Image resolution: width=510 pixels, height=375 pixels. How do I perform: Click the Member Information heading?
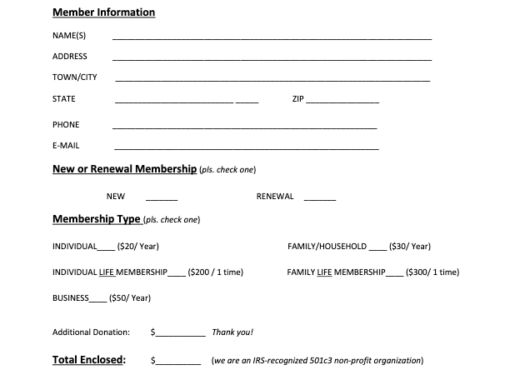click(x=103, y=12)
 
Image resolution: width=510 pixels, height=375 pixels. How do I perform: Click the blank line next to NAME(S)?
click(x=272, y=38)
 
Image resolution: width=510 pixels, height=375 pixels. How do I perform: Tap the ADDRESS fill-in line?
click(x=272, y=59)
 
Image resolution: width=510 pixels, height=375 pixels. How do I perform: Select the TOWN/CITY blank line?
click(x=272, y=80)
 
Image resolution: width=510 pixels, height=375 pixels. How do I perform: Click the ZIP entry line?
click(x=342, y=102)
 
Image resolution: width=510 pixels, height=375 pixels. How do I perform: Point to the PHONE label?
click(x=66, y=124)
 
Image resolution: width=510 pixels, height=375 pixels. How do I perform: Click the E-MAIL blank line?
click(x=245, y=148)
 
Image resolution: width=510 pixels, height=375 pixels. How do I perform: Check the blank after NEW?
click(x=162, y=199)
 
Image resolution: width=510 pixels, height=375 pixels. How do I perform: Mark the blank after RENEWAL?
click(x=320, y=199)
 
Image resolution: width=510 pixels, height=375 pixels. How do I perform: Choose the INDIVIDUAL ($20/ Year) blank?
click(x=107, y=249)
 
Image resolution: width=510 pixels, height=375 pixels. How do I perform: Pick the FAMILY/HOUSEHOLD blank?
click(x=377, y=249)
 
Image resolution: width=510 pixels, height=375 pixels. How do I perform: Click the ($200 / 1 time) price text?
click(x=216, y=272)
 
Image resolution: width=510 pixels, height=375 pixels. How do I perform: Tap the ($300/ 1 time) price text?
click(x=432, y=272)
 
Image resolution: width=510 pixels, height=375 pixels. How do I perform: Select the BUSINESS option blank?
click(x=98, y=300)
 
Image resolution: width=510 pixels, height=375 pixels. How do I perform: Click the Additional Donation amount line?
click(x=180, y=334)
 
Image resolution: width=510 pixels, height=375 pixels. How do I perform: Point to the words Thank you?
click(x=232, y=332)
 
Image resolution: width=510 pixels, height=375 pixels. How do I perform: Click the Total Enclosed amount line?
click(x=178, y=363)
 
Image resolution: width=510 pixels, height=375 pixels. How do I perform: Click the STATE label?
click(x=63, y=99)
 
